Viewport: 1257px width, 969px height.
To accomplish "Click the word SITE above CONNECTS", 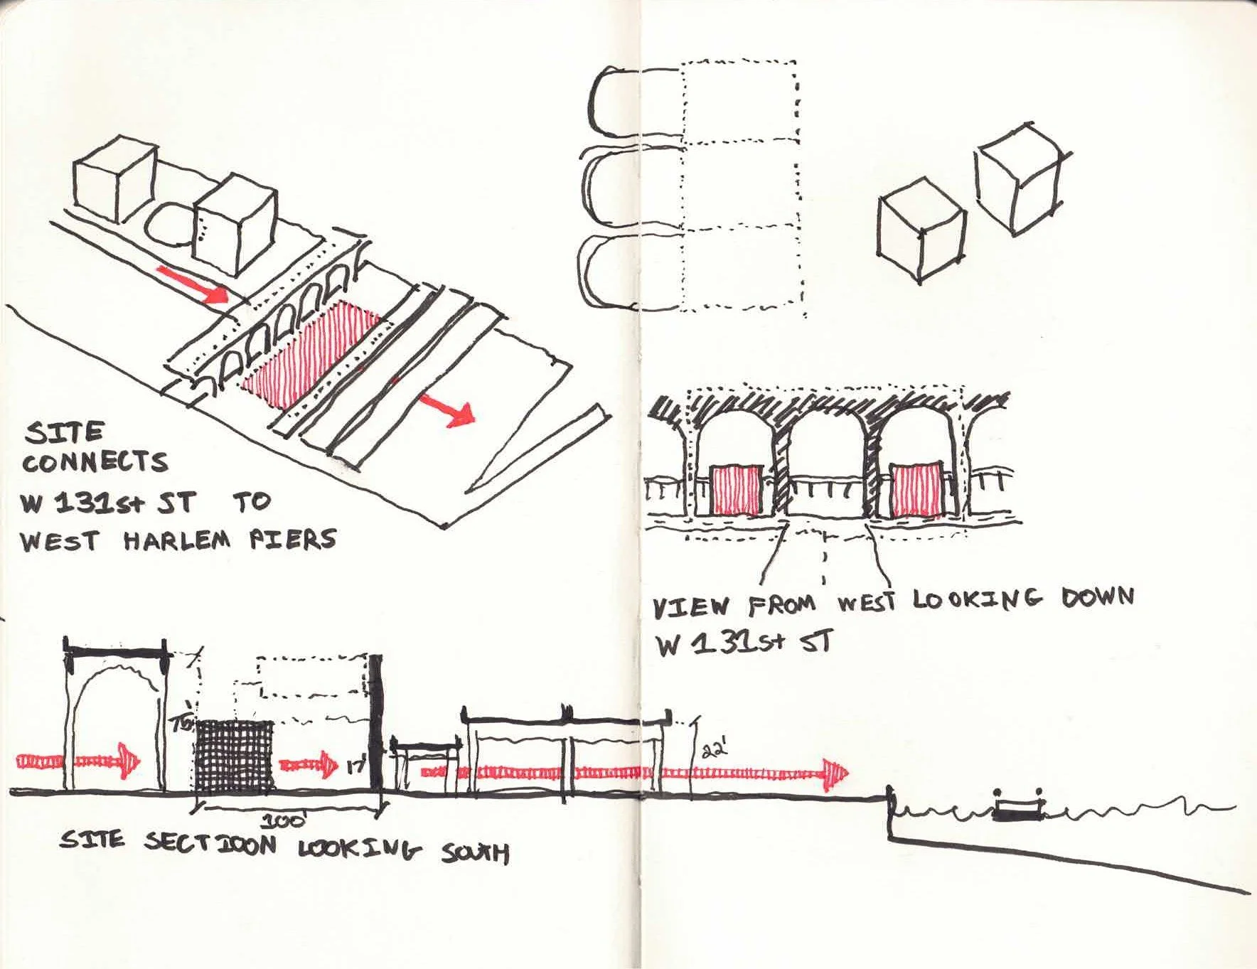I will pos(64,432).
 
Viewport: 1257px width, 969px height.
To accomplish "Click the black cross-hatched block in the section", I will pos(235,755).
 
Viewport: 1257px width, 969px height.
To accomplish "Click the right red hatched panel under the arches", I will pos(916,491).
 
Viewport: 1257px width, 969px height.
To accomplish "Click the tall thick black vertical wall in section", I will pos(376,722).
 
